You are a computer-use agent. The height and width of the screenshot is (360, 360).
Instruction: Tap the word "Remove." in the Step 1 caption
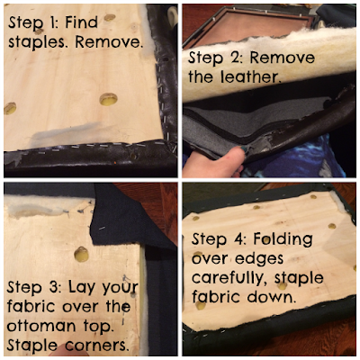click(x=108, y=42)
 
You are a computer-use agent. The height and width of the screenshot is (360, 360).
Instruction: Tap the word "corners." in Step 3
click(x=95, y=346)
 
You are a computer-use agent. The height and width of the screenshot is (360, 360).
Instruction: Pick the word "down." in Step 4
click(x=270, y=297)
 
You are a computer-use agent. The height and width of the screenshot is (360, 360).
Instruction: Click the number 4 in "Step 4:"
click(x=238, y=239)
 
